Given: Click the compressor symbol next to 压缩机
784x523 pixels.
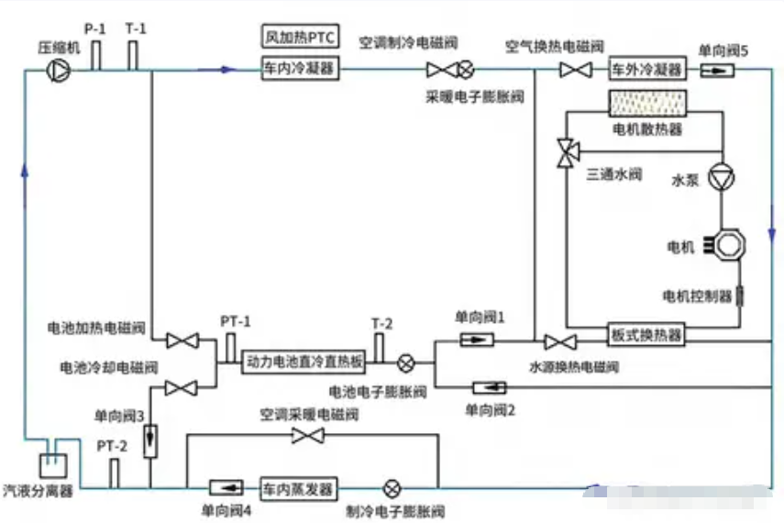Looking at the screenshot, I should tap(57, 68).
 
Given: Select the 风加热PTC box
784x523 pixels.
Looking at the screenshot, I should tap(299, 38).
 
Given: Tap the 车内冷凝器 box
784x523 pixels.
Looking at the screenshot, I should tap(299, 68).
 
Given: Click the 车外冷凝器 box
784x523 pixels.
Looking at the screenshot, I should tap(647, 69).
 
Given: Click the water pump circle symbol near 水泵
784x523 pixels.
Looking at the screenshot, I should tap(722, 178).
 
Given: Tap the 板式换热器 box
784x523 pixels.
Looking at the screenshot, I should tap(646, 335).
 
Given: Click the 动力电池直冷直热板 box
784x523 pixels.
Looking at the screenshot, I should tap(304, 362).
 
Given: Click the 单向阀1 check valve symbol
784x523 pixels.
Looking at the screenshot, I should tap(475, 340).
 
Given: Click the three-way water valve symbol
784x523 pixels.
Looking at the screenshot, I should tap(567, 151).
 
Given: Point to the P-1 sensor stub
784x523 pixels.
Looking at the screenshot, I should tap(94, 52).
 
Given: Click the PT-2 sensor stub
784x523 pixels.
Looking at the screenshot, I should tap(114, 473).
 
